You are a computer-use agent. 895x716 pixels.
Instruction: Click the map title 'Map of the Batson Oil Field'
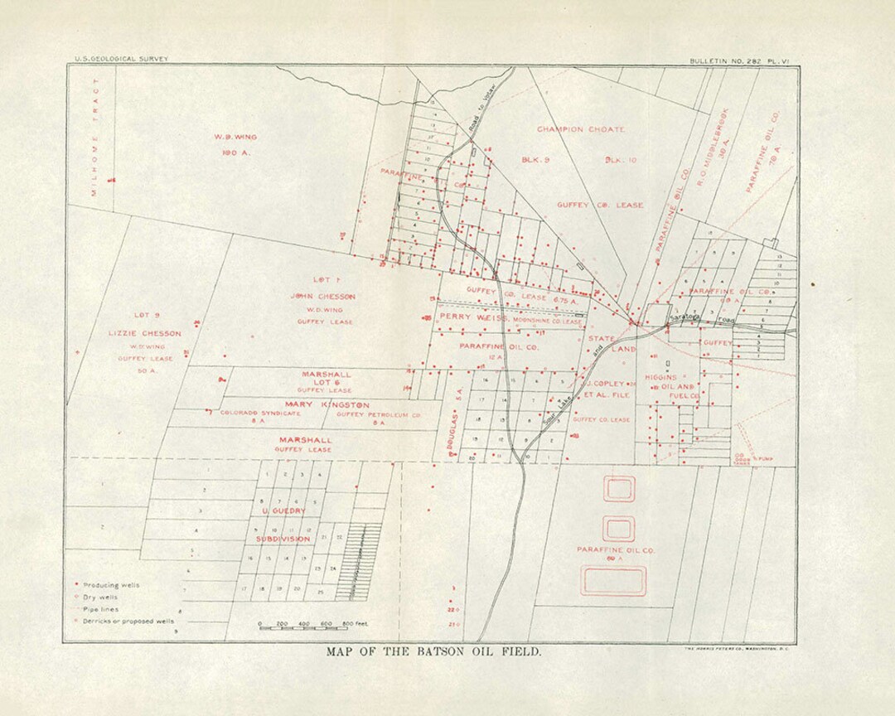click(433, 651)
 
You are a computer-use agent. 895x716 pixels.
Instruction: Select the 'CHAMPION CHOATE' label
click(581, 129)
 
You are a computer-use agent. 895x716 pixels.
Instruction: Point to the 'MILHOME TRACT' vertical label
click(95, 137)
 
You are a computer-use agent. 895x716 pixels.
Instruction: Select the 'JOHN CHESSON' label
click(323, 296)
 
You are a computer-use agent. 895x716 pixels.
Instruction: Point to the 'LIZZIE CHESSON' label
click(144, 333)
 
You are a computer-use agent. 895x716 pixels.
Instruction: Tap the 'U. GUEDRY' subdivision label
click(283, 511)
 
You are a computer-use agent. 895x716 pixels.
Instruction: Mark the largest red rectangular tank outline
click(613, 581)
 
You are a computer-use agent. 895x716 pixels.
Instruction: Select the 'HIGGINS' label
click(660, 377)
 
